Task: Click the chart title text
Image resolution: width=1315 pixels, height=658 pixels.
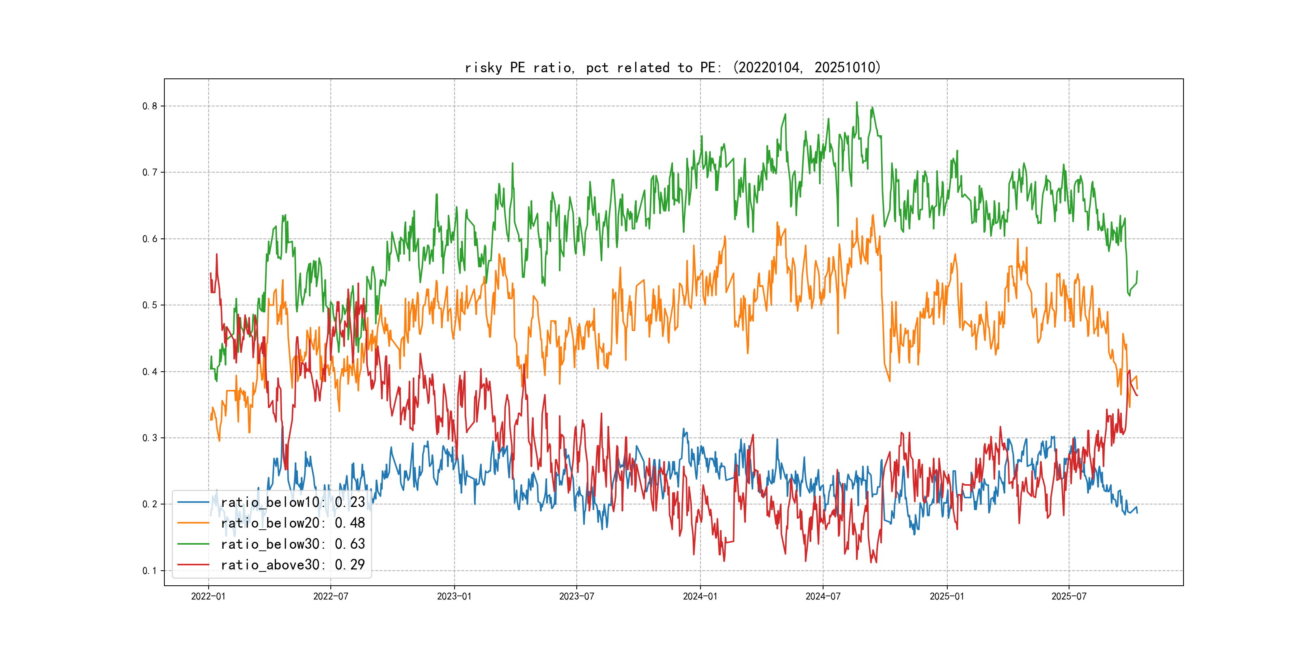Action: pyautogui.click(x=673, y=67)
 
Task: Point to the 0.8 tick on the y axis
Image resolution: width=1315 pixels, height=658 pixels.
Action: pyautogui.click(x=150, y=106)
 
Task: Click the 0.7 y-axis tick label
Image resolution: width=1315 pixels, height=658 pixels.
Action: pyautogui.click(x=150, y=173)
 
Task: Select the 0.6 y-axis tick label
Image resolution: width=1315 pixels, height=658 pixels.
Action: pyautogui.click(x=150, y=239)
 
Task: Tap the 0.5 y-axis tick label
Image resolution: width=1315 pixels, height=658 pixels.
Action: pyautogui.click(x=150, y=305)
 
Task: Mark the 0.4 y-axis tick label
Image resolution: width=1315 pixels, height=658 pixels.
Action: pyautogui.click(x=150, y=372)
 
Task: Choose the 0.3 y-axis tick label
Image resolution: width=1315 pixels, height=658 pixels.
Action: pyautogui.click(x=150, y=438)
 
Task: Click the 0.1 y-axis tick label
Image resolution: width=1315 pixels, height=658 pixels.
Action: pyautogui.click(x=150, y=571)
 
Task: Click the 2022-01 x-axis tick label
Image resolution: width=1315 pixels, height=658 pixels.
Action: pyautogui.click(x=208, y=596)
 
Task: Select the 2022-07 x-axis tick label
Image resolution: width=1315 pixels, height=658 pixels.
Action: pyautogui.click(x=330, y=596)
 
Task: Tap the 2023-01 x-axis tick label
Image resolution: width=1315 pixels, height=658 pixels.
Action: pyautogui.click(x=454, y=596)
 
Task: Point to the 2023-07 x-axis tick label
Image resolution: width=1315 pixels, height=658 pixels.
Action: pyautogui.click(x=576, y=596)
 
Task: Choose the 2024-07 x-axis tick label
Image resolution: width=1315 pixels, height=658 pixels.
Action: pyautogui.click(x=823, y=596)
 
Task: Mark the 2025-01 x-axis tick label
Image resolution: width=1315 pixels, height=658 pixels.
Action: pyautogui.click(x=947, y=596)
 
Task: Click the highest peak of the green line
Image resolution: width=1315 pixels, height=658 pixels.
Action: pyautogui.click(x=857, y=102)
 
